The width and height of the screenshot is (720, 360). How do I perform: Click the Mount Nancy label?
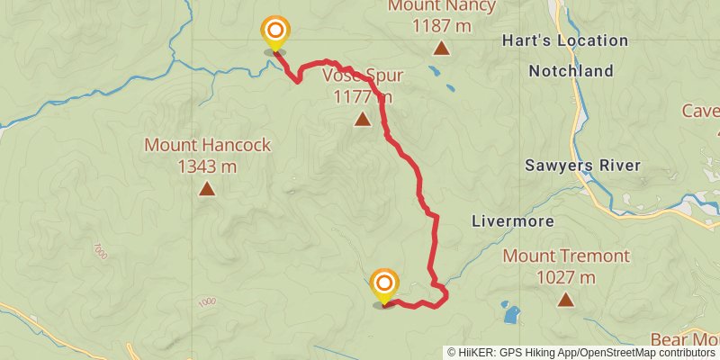click(x=441, y=6)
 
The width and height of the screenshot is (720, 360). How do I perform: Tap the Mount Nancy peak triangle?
click(x=441, y=48)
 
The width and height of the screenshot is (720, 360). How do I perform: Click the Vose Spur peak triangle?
click(x=362, y=119)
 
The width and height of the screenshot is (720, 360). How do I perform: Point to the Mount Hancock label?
click(x=207, y=145)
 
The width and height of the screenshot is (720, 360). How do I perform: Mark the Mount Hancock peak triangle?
click(x=207, y=188)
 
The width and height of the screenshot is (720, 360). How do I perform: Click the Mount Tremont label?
click(x=565, y=256)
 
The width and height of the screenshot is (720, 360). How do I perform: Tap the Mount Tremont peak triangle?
click(x=565, y=300)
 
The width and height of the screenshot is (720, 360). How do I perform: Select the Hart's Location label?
click(x=565, y=40)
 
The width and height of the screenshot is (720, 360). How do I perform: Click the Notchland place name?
click(x=570, y=70)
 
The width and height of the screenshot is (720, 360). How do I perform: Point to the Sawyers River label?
click(x=582, y=165)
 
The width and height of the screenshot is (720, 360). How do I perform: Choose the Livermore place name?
click(x=512, y=220)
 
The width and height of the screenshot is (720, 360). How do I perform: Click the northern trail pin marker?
click(x=274, y=32)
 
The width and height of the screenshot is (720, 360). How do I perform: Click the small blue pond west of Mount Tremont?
click(x=511, y=315)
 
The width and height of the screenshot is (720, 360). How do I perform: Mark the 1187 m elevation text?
click(x=441, y=26)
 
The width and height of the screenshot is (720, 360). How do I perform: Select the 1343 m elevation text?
click(x=207, y=166)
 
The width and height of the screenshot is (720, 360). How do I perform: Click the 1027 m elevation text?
click(x=565, y=277)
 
